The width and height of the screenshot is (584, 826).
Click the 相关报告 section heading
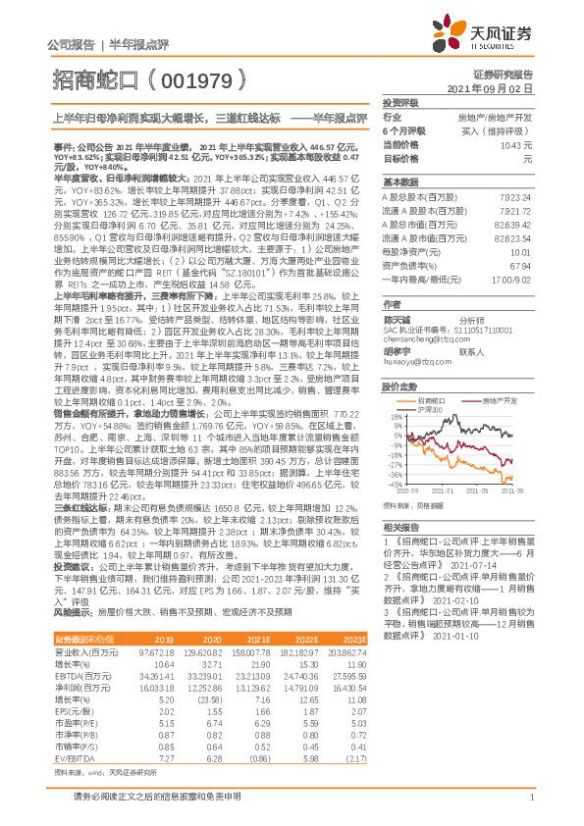[400, 526]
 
